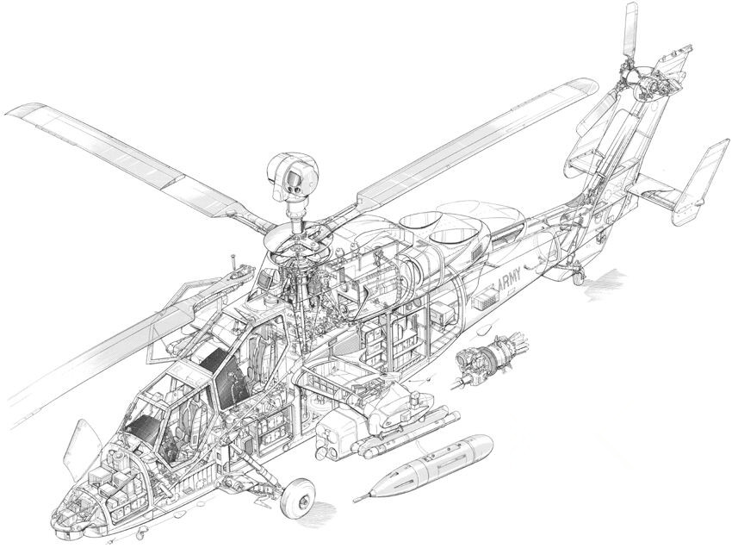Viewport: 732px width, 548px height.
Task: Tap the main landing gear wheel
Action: click(x=297, y=500)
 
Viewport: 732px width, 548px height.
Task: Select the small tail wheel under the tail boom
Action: click(x=578, y=277)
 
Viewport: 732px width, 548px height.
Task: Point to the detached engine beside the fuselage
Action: click(x=490, y=358)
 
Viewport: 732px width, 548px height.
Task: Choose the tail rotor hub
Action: click(x=643, y=85)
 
